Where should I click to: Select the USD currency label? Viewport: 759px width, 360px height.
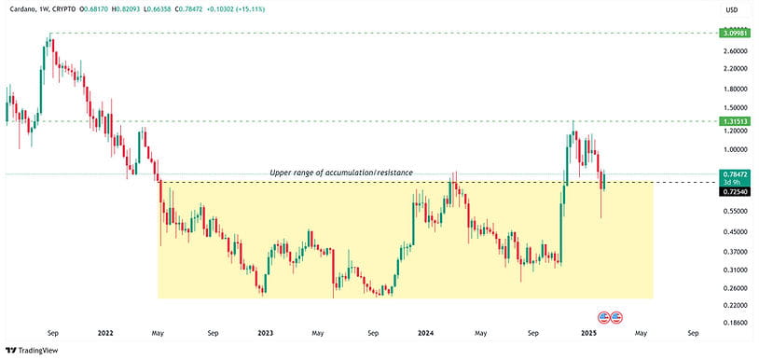[x=731, y=10]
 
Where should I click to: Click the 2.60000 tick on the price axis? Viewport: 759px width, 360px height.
[x=732, y=51]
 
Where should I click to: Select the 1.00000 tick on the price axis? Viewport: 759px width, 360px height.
[x=732, y=149]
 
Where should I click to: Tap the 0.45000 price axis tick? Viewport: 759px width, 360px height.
[x=732, y=232]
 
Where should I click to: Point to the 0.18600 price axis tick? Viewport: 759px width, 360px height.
[x=732, y=322]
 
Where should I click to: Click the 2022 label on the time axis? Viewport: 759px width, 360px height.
[x=105, y=332]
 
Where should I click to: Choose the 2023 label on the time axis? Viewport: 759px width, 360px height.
[x=266, y=332]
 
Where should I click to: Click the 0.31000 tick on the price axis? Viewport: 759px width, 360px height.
[x=732, y=270]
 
